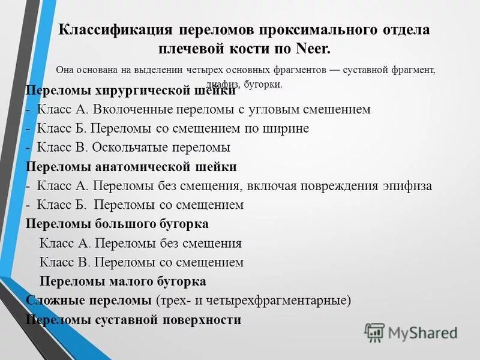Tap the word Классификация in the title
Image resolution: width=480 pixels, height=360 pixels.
(x=115, y=30)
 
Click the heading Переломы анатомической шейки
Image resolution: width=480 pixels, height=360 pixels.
(x=131, y=167)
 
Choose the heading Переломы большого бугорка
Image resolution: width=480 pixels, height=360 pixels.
(x=117, y=224)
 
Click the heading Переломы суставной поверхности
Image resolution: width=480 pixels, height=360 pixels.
(x=133, y=320)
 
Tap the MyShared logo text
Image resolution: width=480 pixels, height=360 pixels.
(x=422, y=332)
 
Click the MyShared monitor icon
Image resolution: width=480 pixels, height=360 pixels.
(x=375, y=332)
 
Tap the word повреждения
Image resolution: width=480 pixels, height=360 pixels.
(x=338, y=185)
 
